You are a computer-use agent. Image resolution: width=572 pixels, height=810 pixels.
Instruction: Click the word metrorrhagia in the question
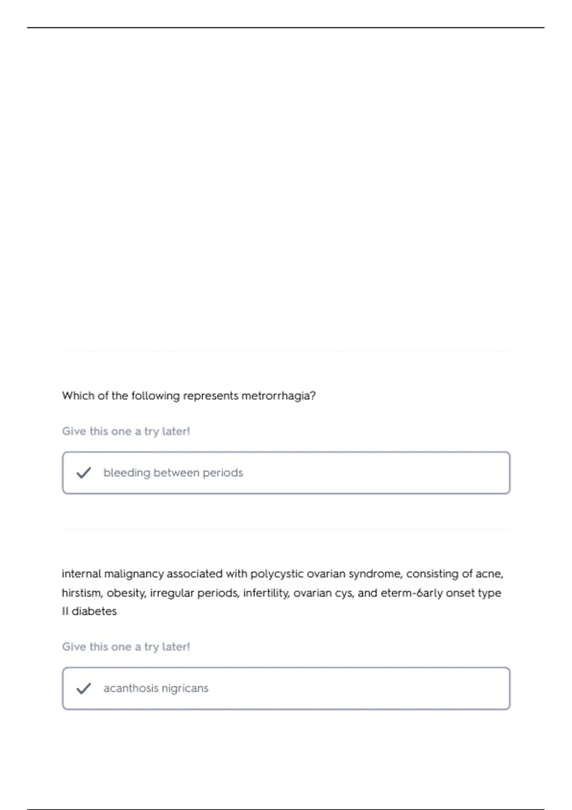(278, 396)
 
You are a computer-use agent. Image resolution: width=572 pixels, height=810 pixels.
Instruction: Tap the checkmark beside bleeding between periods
(83, 473)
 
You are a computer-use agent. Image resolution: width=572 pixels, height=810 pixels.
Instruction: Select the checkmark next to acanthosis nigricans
(83, 688)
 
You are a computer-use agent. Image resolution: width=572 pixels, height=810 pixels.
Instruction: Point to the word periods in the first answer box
(223, 473)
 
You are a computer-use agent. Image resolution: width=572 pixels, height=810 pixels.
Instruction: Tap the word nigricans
(185, 688)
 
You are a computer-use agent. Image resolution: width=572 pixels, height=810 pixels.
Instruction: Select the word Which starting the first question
(78, 396)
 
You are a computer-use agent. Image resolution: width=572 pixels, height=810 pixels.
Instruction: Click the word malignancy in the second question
(134, 574)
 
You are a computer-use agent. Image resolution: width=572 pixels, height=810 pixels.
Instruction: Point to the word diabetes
(94, 611)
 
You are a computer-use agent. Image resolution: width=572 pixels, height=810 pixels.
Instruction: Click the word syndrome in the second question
(374, 574)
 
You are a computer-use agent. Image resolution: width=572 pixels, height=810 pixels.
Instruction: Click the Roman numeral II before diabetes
(65, 611)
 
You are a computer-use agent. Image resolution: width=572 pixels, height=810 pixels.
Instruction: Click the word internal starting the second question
(81, 574)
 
